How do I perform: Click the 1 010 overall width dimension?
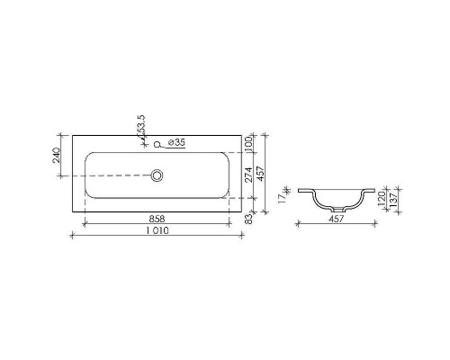coord(158,230)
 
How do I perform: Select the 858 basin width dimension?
coord(158,219)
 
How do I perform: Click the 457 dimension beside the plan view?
coord(262,174)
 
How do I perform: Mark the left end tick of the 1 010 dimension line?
coord(72,236)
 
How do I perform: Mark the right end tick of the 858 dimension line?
coord(241,224)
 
